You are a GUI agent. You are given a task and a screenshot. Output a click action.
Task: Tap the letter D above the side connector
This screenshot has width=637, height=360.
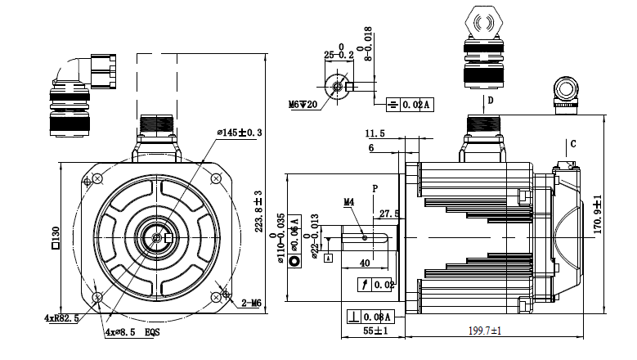point(491,101)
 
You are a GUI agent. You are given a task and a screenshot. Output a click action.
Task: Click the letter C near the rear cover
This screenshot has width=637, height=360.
point(572,144)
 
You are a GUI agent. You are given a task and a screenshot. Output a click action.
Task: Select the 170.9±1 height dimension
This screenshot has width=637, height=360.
point(598,214)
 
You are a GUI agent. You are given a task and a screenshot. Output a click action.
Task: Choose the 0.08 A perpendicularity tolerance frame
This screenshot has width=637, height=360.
point(372,316)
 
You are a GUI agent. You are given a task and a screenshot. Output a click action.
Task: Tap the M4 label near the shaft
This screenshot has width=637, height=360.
point(348,200)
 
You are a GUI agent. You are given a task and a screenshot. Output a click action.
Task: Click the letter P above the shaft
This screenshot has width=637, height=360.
point(375,188)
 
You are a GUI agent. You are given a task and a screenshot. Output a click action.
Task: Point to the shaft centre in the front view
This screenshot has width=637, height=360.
point(156,237)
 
